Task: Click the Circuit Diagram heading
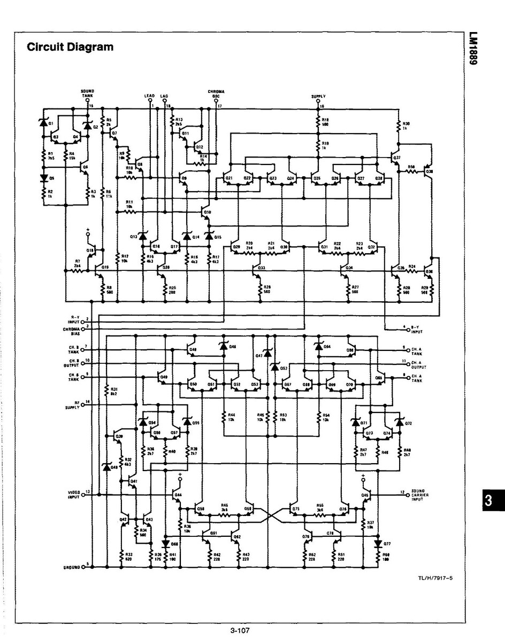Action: click(70, 47)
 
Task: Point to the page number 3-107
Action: click(241, 631)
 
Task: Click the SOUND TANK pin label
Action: click(87, 93)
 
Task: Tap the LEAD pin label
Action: click(150, 96)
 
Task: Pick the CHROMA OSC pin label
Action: click(216, 93)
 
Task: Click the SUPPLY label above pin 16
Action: click(318, 96)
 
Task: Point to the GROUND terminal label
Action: click(71, 567)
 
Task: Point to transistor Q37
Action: click(396, 159)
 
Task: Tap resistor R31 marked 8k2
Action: click(109, 391)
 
